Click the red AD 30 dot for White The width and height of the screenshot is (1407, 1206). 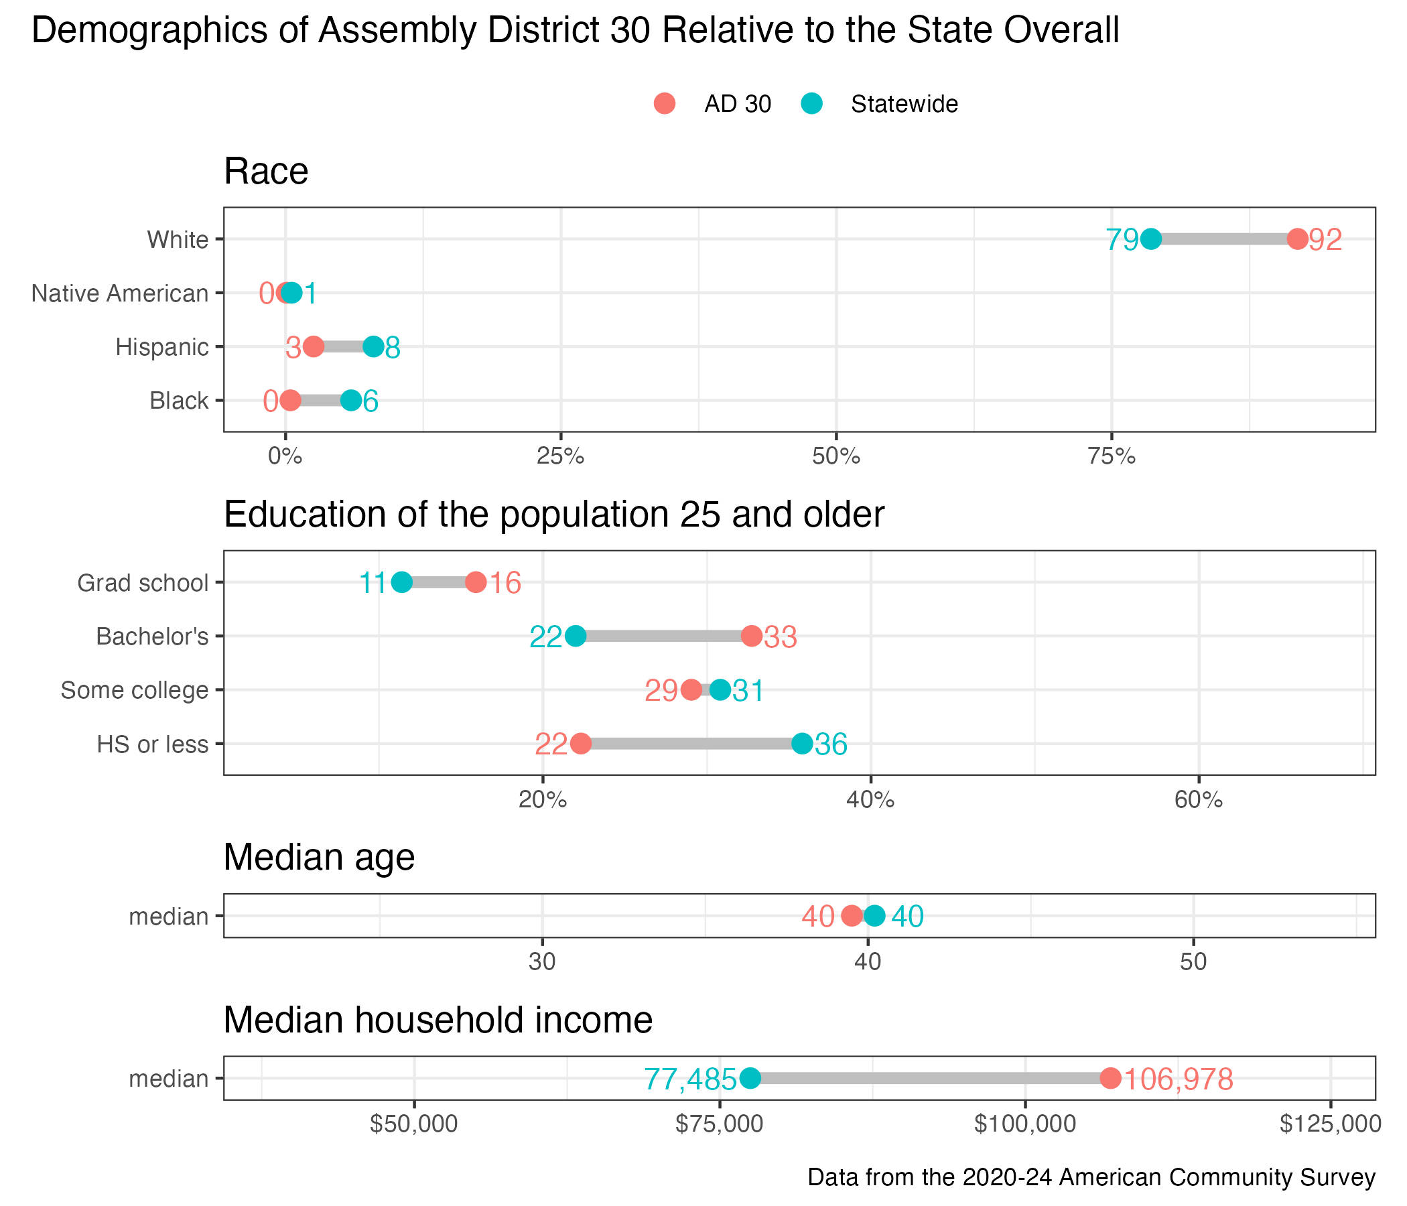[1297, 239]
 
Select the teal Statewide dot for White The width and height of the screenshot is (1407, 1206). [1150, 239]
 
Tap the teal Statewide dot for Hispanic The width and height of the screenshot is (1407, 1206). [373, 347]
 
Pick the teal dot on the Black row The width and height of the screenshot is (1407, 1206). [351, 401]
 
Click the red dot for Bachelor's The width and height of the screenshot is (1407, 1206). [752, 636]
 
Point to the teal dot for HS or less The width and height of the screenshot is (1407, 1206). [802, 744]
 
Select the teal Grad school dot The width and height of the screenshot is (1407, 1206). [402, 583]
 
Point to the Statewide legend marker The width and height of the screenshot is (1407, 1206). [811, 104]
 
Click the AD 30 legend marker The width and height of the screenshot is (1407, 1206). [665, 104]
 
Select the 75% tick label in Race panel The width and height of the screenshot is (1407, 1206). [1112, 457]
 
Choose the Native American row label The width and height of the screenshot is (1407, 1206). [120, 293]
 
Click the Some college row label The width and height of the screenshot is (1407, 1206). [135, 691]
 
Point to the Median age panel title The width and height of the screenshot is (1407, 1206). [319, 857]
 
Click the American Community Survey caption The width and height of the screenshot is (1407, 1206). [1091, 1177]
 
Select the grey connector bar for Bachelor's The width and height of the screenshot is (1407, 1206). [663, 636]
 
